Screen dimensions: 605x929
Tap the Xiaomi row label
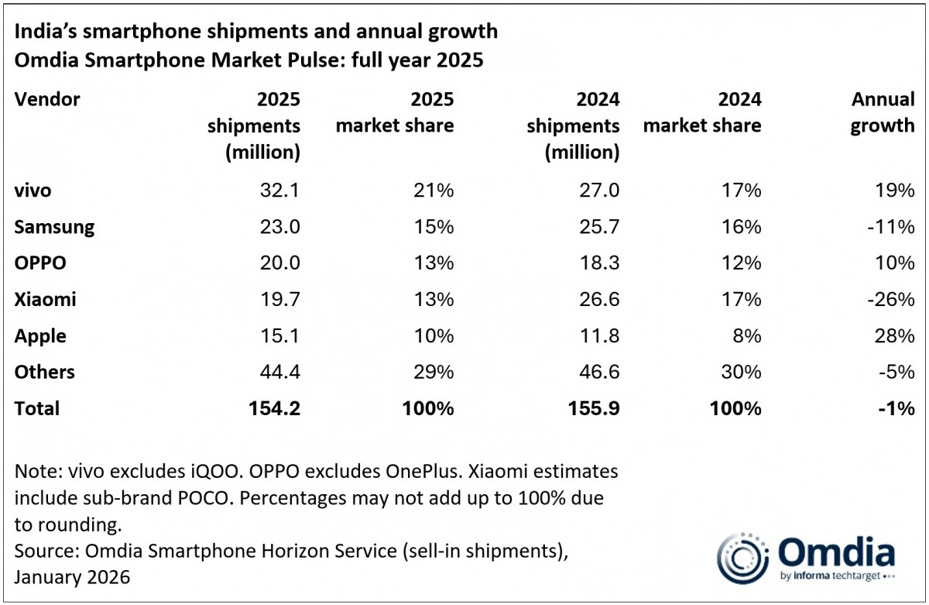45,299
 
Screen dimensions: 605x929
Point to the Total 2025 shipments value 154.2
271,408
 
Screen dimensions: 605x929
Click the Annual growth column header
883,112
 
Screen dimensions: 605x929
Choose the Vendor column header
47,99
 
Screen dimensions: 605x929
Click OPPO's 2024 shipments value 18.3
597,263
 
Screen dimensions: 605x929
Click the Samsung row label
54,226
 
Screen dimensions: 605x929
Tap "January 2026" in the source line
72,577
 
